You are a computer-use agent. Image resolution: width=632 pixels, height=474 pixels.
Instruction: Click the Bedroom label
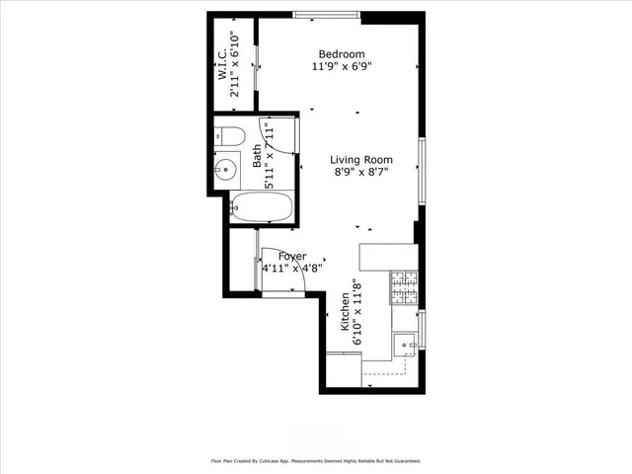pos(342,54)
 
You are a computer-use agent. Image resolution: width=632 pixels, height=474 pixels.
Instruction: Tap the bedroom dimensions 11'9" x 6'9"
pos(342,68)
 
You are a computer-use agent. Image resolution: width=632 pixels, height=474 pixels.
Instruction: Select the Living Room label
pos(361,160)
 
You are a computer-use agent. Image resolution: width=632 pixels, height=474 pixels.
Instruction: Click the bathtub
pos(262,206)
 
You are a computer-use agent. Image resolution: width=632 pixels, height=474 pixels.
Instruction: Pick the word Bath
pos(258,154)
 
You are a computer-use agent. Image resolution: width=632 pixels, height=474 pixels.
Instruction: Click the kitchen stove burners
pos(405,288)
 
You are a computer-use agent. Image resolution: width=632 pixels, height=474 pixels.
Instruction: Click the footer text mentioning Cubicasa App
pos(315,460)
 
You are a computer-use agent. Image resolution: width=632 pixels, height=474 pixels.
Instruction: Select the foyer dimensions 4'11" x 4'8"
pos(292,269)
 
